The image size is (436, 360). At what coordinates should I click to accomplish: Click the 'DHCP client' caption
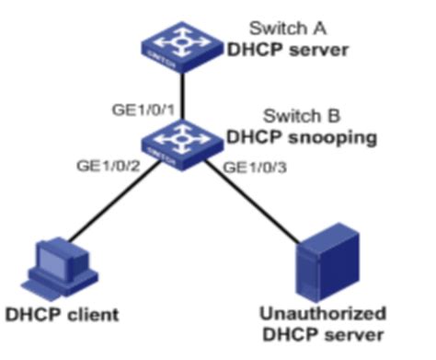coord(63,315)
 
